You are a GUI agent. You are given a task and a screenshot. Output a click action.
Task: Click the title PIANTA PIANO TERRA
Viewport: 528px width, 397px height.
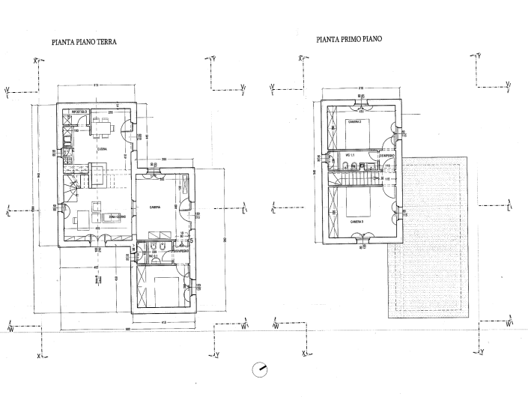coord(84,43)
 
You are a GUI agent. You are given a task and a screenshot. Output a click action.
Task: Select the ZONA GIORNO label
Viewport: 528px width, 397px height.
coord(116,217)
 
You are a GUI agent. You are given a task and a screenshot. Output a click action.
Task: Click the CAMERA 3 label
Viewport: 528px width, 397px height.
coord(356,222)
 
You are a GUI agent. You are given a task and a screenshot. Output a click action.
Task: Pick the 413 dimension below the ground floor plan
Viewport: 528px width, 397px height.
coord(163,323)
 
